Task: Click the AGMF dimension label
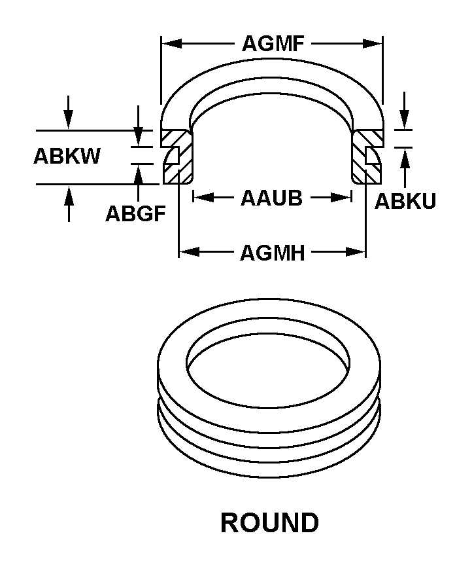click(x=273, y=43)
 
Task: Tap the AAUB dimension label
click(x=271, y=198)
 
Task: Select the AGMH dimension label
click(x=272, y=253)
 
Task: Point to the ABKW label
click(x=67, y=156)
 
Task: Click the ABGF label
click(x=135, y=213)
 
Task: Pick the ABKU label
click(x=405, y=201)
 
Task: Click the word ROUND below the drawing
click(x=270, y=522)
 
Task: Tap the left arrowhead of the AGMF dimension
click(x=171, y=44)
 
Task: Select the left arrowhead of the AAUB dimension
click(x=203, y=197)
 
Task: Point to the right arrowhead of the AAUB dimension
click(x=341, y=197)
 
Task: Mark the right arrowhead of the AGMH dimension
click(x=356, y=251)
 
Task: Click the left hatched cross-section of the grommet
click(x=178, y=157)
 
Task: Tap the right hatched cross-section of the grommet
click(x=367, y=157)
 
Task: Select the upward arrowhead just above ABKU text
click(x=405, y=158)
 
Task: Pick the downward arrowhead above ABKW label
click(x=68, y=120)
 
